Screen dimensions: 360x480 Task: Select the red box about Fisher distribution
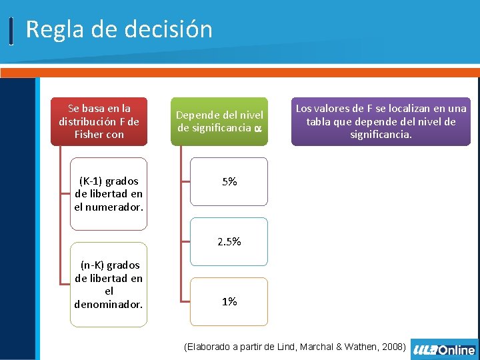pyautogui.click(x=99, y=121)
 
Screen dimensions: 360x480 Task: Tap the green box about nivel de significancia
pyautogui.click(x=219, y=121)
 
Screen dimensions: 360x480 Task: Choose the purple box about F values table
pyautogui.click(x=381, y=121)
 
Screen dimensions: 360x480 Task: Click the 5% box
pyautogui.click(x=229, y=181)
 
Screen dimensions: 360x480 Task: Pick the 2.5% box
pyautogui.click(x=229, y=241)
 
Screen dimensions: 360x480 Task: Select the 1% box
pyautogui.click(x=229, y=301)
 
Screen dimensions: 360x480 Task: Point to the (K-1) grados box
pyautogui.click(x=108, y=194)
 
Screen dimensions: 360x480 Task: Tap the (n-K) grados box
pyautogui.click(x=108, y=284)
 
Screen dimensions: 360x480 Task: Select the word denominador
pyautogui.click(x=109, y=304)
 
